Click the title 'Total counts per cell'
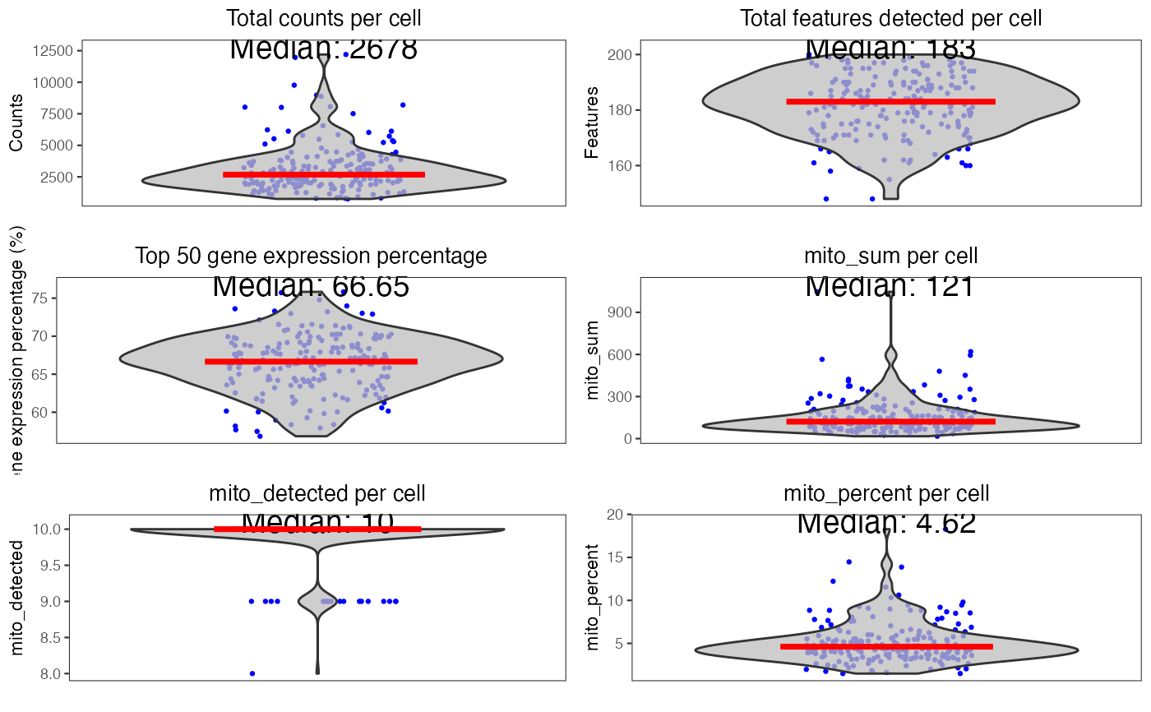[323, 18]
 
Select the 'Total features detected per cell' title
[890, 18]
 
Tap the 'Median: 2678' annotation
[323, 49]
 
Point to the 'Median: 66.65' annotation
[311, 286]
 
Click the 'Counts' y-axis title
[16, 123]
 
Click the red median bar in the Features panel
[890, 102]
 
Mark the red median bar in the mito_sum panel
[890, 422]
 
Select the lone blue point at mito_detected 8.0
[252, 673]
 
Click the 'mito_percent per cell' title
[886, 493]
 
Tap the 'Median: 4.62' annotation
[886, 523]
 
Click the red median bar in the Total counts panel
[323, 174]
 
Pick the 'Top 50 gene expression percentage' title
[311, 256]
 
